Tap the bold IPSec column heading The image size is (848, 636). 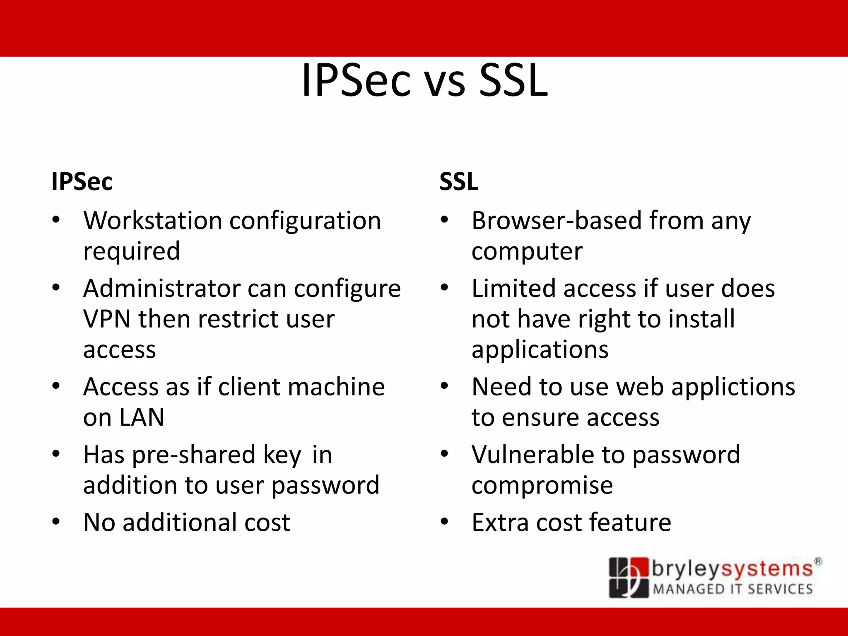click(82, 181)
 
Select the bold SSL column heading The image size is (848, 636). click(459, 181)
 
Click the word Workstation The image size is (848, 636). click(153, 220)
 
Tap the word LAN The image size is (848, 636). click(142, 417)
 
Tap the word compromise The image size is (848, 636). click(542, 486)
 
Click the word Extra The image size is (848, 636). click(500, 523)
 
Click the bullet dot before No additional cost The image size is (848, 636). click(56, 522)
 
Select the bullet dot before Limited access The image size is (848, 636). click(444, 287)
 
